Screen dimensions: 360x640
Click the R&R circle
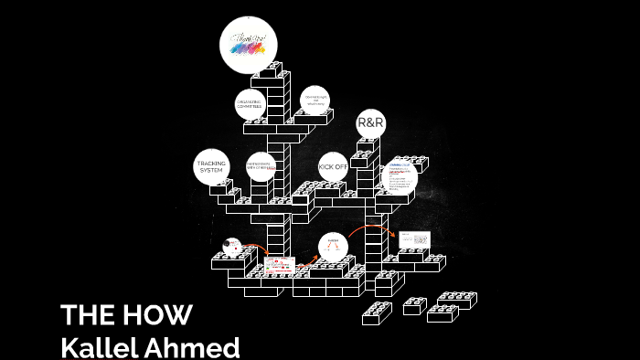[369, 122]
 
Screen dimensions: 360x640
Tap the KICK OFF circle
[333, 167]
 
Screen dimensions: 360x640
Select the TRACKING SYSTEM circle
[211, 166]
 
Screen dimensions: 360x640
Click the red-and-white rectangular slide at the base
[280, 267]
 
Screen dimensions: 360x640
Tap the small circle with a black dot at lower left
[232, 247]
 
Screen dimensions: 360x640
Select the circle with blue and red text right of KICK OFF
[400, 175]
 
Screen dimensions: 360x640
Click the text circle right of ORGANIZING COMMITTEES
[315, 101]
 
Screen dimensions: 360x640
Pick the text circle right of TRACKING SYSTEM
[261, 167]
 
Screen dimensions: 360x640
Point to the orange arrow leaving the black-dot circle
[256, 249]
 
